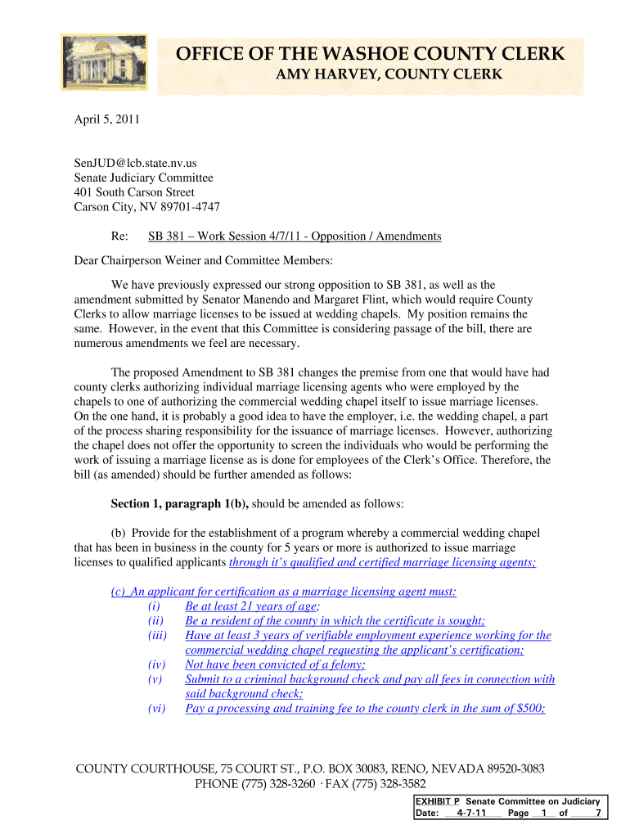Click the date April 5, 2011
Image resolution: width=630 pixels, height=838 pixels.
point(107,119)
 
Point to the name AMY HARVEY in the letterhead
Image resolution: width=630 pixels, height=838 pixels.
point(321,76)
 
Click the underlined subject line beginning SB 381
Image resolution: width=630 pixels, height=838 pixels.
point(295,237)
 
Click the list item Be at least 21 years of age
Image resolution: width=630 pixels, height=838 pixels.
point(250,606)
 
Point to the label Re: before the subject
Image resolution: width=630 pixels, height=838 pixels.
point(119,237)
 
